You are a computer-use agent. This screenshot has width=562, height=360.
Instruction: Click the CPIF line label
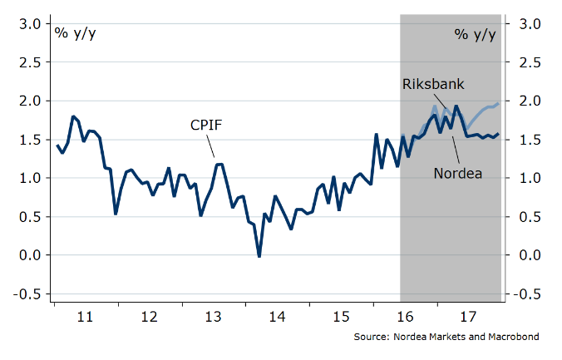pos(208,126)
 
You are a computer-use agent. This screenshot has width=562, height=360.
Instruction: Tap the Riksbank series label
pos(433,85)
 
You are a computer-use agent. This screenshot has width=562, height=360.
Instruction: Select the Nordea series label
pos(458,173)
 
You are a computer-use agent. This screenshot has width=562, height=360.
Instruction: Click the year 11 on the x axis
pos(84,316)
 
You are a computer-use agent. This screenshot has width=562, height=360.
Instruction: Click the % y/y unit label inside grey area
pos(476,33)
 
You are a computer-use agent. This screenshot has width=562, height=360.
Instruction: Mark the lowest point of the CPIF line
pos(259,257)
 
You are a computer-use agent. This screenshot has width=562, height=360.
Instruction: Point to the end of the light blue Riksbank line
pos(498,104)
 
